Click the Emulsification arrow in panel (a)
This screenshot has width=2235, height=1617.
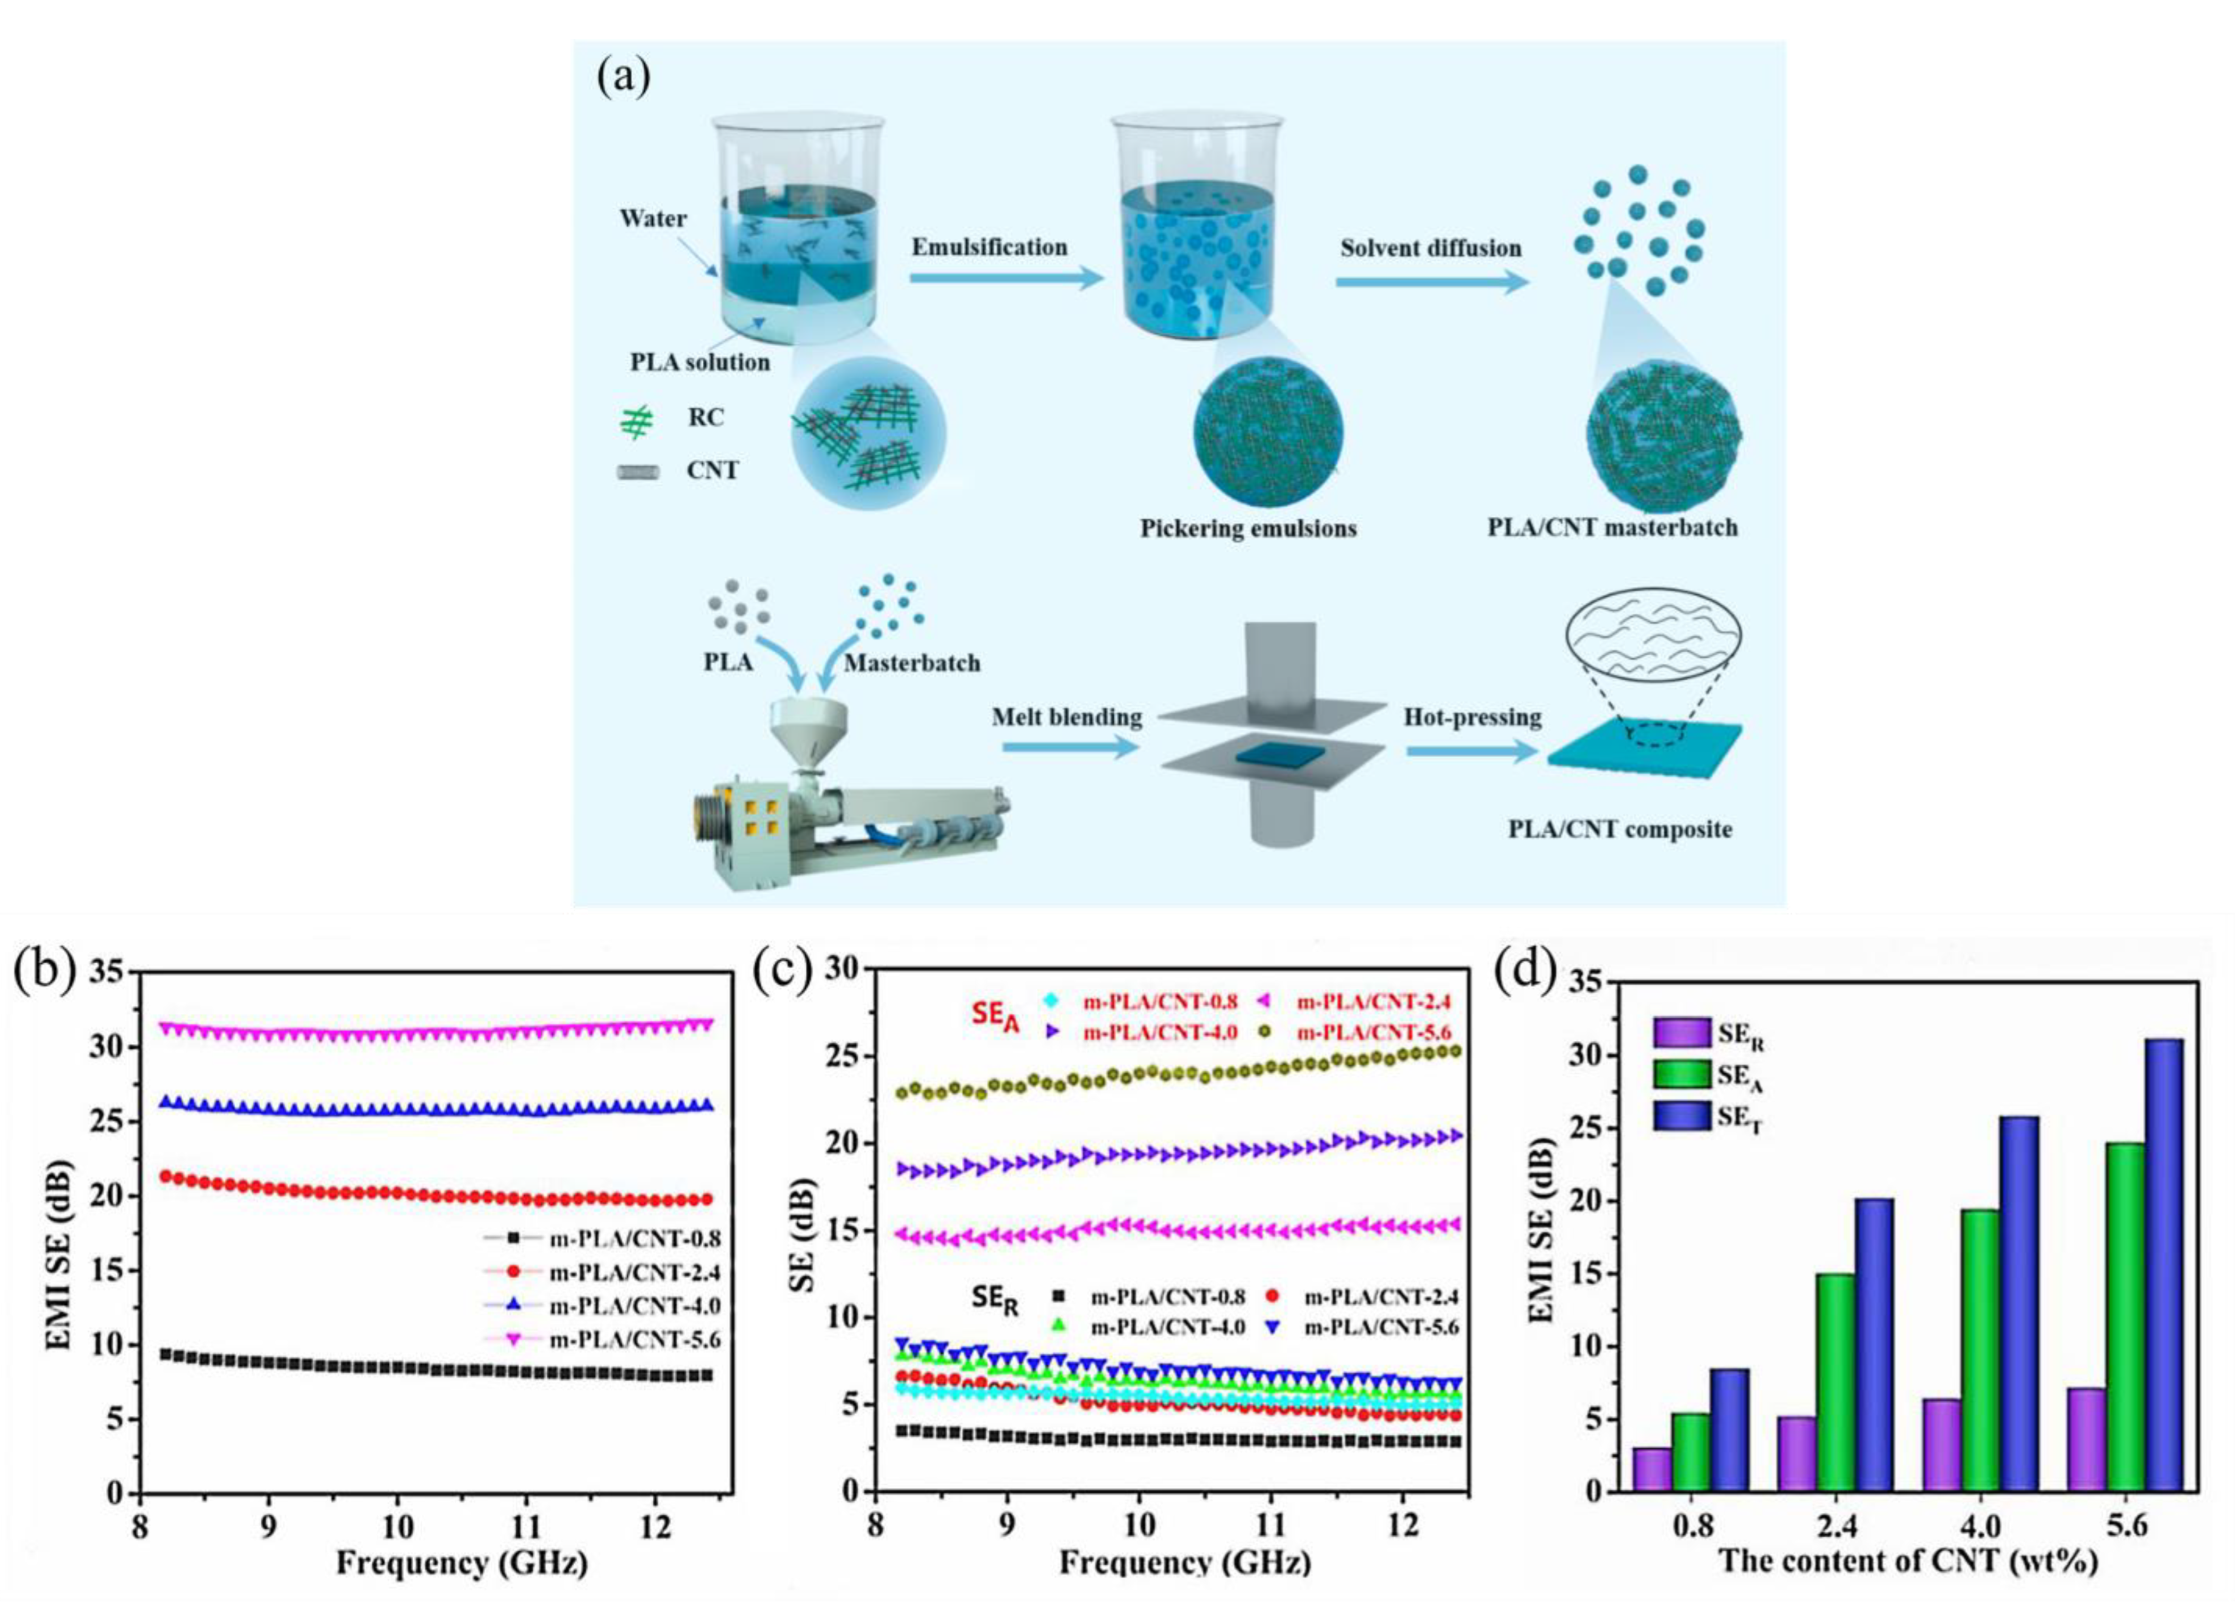coord(1005,281)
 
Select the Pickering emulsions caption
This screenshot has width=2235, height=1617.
coord(1248,529)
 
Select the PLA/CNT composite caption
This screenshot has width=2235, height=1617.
coord(1619,829)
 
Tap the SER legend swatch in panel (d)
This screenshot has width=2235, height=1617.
coord(1682,1033)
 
